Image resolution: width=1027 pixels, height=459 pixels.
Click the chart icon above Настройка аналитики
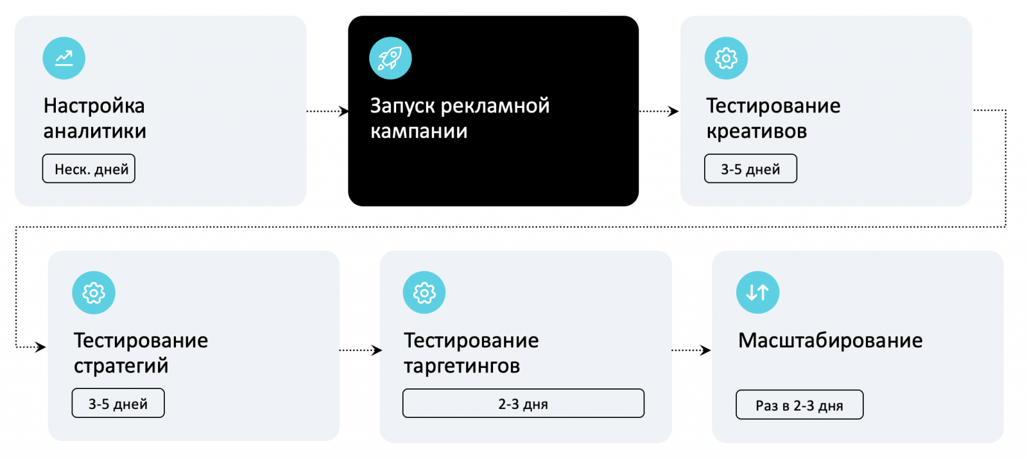(x=64, y=58)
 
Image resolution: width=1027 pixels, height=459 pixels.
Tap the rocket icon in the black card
(x=390, y=58)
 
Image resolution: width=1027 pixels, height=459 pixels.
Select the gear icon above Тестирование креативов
(x=726, y=58)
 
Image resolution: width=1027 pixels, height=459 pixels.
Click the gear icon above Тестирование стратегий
(x=94, y=293)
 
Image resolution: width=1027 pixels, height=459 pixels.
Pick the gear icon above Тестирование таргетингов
(x=424, y=293)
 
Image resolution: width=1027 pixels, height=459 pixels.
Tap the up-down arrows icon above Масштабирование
(x=757, y=293)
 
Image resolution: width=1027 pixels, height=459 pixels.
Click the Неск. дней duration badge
(x=89, y=169)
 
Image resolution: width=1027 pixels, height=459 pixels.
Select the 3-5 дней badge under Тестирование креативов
(x=750, y=169)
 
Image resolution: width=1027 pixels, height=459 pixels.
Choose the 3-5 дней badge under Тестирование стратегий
(x=118, y=403)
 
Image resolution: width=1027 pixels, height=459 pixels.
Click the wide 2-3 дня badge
(x=523, y=404)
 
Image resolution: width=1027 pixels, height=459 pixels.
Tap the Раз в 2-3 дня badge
(x=799, y=405)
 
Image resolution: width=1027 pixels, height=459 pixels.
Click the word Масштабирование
(x=830, y=340)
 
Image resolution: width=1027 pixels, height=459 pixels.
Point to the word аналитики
(x=94, y=132)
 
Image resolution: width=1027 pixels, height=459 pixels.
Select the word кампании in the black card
(x=419, y=132)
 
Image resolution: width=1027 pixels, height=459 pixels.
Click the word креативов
(x=756, y=132)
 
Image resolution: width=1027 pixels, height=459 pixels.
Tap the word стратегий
(x=121, y=366)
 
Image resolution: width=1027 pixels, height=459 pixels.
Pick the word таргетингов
(x=462, y=366)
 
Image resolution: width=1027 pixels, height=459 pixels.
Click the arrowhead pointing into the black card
(x=344, y=111)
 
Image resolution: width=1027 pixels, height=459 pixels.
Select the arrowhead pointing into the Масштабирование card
(x=706, y=351)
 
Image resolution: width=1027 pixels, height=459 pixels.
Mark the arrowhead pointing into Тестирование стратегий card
(x=41, y=347)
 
